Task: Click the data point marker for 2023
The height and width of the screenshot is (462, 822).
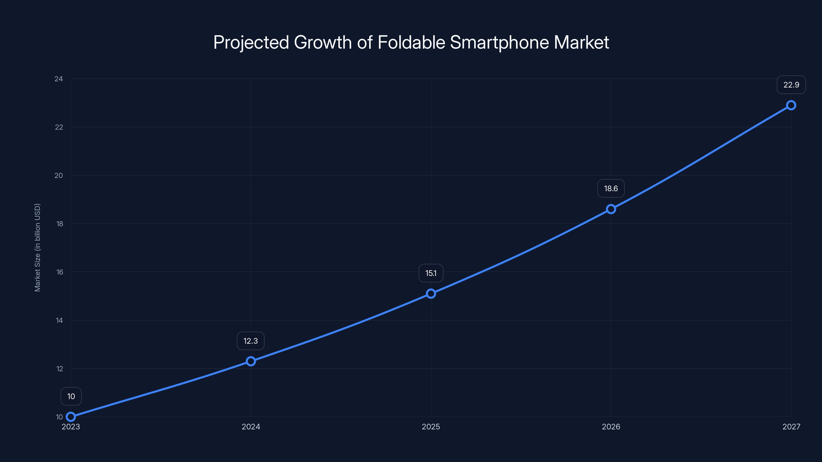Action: point(71,417)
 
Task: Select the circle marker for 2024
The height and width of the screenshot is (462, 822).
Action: point(251,361)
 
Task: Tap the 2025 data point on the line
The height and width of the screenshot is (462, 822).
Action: point(431,294)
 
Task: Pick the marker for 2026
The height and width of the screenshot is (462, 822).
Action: point(611,209)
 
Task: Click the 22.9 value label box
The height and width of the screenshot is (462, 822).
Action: point(791,85)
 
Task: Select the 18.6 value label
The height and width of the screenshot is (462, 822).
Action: point(611,188)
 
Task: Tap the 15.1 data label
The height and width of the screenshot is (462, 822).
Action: point(431,273)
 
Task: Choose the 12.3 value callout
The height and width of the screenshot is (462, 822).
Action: point(250,341)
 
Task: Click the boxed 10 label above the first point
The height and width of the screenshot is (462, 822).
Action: point(71,396)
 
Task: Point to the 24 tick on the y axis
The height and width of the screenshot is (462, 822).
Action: point(59,79)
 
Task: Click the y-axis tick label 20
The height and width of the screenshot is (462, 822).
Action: point(59,175)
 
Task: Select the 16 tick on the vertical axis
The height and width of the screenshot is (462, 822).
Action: point(60,272)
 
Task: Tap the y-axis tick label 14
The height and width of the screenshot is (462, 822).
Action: point(60,320)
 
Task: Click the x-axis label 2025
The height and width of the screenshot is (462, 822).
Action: point(431,427)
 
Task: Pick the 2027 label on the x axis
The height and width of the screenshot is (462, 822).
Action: point(791,427)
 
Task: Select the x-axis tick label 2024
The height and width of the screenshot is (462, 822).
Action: point(251,427)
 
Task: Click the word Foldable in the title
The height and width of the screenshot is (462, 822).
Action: point(411,42)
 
